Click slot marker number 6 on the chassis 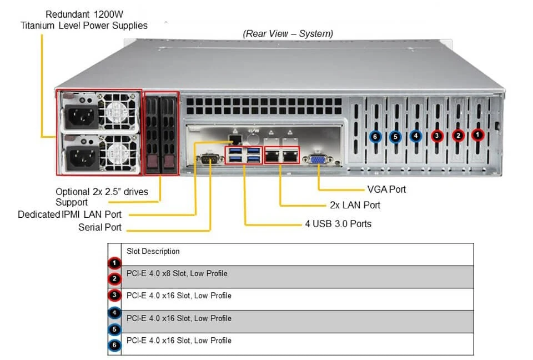375,136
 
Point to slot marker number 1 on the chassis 477,134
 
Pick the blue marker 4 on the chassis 416,136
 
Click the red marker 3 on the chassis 437,136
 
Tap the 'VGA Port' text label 386,189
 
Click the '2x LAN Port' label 355,205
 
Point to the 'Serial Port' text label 100,227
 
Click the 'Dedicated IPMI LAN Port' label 69,214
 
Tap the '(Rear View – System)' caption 288,34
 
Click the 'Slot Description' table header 153,252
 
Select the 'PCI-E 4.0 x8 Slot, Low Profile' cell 177,273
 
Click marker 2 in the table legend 114,279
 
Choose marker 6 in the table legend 114,346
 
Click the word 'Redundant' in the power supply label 68,14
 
